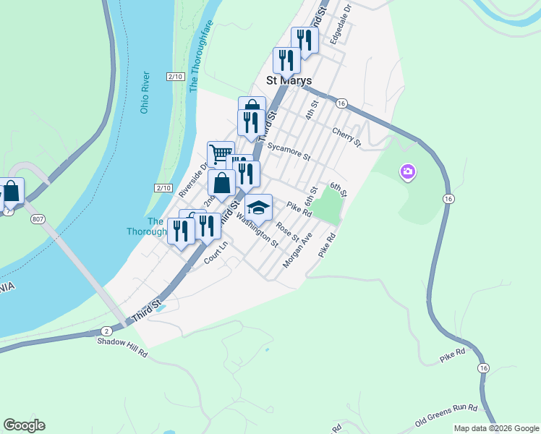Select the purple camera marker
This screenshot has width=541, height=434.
click(408, 172)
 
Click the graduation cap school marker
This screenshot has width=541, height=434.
click(258, 208)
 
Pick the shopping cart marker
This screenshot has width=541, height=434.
click(221, 153)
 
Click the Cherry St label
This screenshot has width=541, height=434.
click(346, 136)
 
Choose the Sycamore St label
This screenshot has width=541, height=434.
click(289, 151)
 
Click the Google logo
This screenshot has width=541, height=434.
click(24, 425)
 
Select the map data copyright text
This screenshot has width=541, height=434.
click(495, 428)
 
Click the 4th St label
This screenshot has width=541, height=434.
click(311, 111)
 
